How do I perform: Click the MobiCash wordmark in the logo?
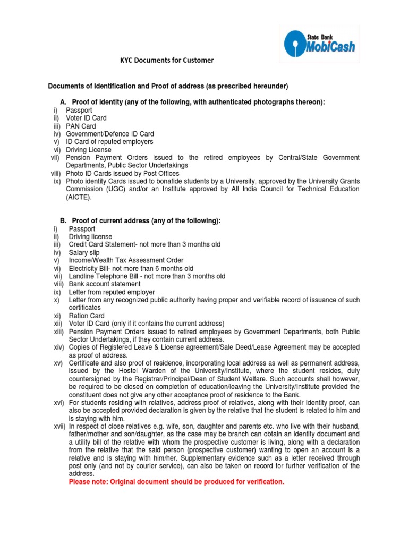point(329,48)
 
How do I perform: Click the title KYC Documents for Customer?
point(166,60)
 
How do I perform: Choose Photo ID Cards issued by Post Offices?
point(122,173)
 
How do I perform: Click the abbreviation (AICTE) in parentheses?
point(79,197)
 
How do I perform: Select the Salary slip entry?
point(84,252)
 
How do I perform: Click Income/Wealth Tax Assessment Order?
point(126,260)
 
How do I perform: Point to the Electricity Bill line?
point(131,268)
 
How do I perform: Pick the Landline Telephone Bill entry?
point(147,276)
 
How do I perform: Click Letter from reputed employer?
point(112,292)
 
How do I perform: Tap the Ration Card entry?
point(87,316)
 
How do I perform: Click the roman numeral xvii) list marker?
point(58,426)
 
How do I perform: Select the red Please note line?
point(176,482)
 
